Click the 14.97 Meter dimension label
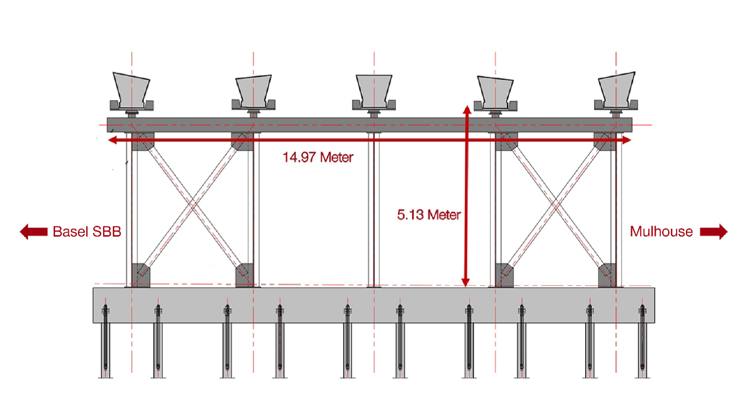click(318, 157)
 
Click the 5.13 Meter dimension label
click(429, 215)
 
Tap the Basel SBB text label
click(87, 232)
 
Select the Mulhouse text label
click(661, 232)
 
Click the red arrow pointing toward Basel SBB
click(34, 232)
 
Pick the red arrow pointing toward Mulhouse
click(714, 232)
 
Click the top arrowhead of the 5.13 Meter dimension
click(467, 110)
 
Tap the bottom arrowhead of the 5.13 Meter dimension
click(466, 282)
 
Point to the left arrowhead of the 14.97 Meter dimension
click(113, 140)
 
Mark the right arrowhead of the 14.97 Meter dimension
click(627, 140)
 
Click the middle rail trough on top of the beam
click(374, 93)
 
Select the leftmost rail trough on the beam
click(132, 92)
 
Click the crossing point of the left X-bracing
click(193, 204)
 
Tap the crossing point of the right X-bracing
click(555, 204)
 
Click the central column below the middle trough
click(374, 209)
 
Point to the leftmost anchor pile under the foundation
click(105, 341)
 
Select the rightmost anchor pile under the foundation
click(642, 341)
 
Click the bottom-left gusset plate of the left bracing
click(141, 275)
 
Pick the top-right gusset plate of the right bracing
click(605, 141)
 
